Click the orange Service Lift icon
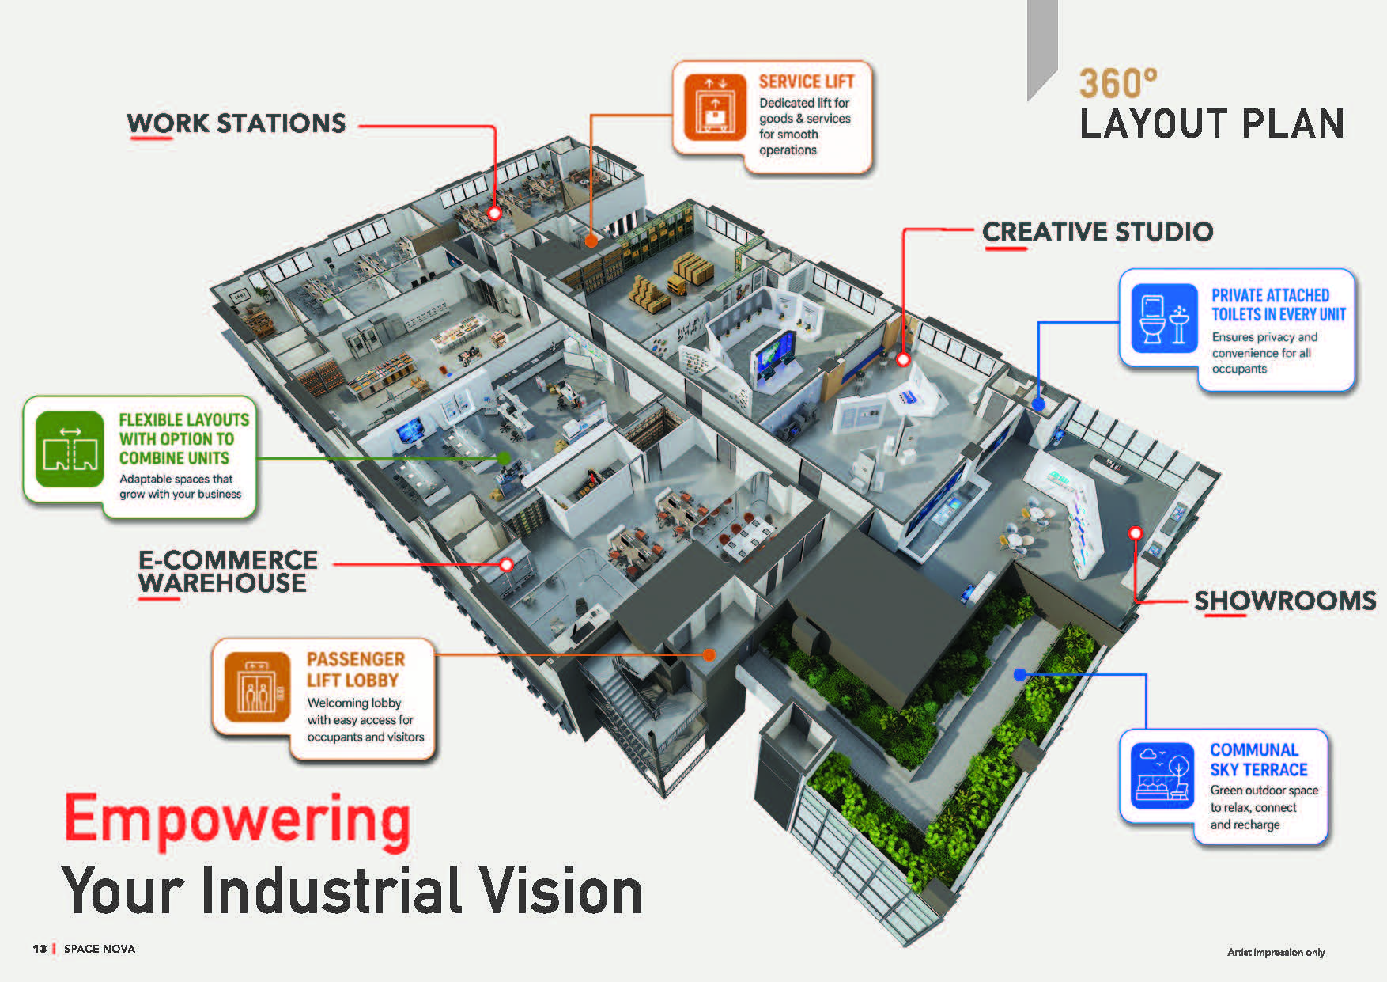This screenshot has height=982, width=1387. coord(715,108)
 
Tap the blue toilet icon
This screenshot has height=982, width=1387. coord(1164,318)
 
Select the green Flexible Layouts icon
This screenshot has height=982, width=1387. coord(70,449)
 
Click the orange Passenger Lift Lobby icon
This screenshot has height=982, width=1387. coord(257,687)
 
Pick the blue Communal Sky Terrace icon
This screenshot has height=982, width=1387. coord(1162,775)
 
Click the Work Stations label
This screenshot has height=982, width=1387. coord(236,123)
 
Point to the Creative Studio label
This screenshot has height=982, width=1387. coord(1098,232)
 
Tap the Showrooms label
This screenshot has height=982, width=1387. coord(1285,601)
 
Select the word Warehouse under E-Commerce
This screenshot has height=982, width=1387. coord(222,583)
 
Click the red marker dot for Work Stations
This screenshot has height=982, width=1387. coord(494,213)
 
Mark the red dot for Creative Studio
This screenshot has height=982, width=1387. coord(903,359)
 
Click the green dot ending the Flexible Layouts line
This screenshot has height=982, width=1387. coord(503,458)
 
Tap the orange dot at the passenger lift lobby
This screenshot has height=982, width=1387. coord(709,654)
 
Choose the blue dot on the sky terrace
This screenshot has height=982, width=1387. coord(1020,675)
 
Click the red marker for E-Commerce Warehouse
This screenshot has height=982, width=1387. coord(506,564)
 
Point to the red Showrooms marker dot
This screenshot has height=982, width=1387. coord(1136,533)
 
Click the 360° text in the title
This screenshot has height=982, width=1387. coord(1118,83)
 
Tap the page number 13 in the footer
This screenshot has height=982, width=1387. coord(40,949)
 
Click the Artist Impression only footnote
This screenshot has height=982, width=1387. coord(1276,952)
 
